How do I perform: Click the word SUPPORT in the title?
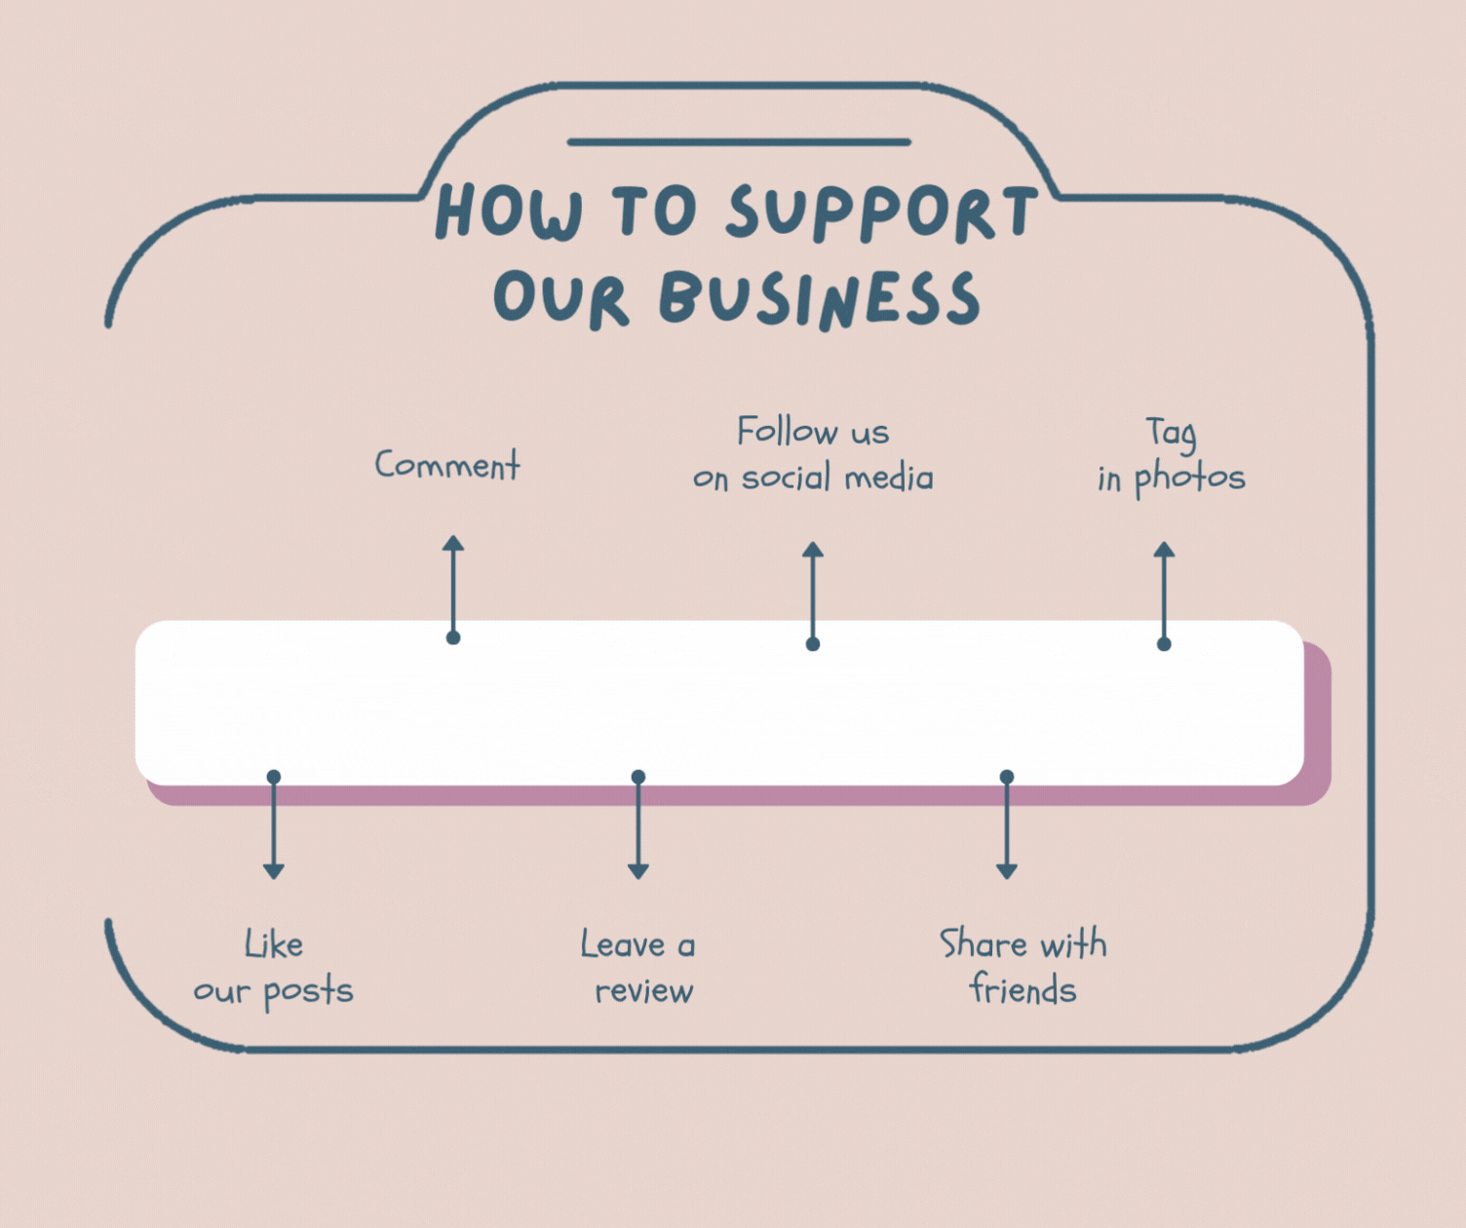coord(882,212)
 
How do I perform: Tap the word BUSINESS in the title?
coord(820,298)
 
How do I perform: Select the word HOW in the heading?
coord(509,211)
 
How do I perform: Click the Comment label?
coord(447,465)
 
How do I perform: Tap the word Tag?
coord(1171,433)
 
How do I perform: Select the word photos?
coord(1189,478)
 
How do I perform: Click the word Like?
coord(274,944)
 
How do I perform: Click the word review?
coord(643,991)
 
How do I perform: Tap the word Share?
coord(983,943)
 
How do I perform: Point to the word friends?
coord(1022,989)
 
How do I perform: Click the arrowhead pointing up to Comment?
coord(453,544)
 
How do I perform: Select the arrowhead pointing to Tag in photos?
coord(1164,550)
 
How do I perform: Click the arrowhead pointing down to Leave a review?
coord(638,870)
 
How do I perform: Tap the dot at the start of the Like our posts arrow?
coord(274,777)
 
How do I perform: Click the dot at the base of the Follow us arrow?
coord(813,643)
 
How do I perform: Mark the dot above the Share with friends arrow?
coord(1007,777)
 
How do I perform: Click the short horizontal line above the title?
coord(739,142)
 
